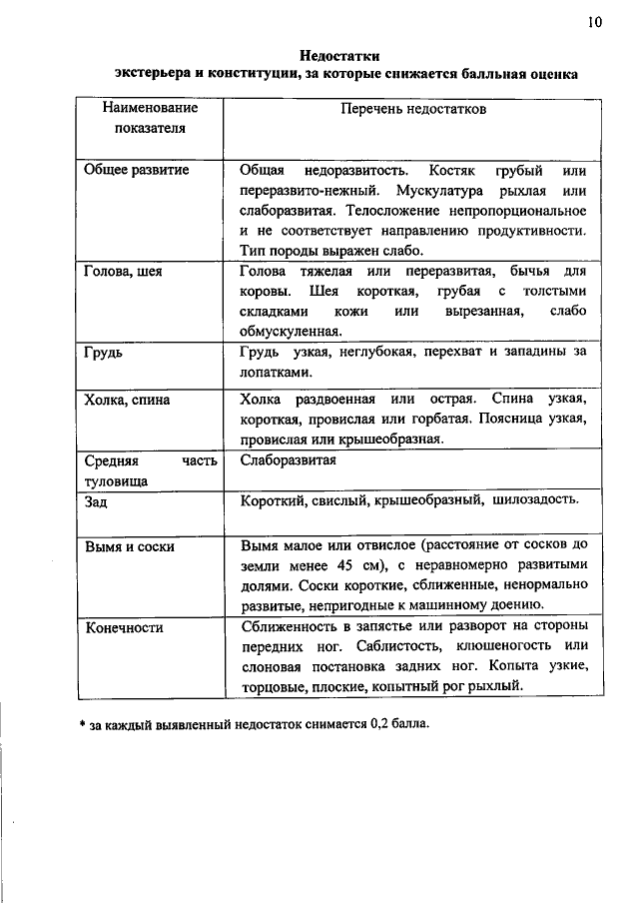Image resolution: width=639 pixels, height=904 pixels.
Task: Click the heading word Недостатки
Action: coord(340,55)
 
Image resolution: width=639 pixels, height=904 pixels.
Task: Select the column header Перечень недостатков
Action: coord(413,109)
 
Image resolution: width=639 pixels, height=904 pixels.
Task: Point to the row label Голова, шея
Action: coord(125,271)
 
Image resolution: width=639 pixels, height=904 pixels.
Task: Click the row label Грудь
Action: coord(105,352)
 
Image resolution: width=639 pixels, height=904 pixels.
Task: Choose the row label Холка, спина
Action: coord(128,400)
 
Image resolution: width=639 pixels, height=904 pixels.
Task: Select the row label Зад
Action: coord(97,501)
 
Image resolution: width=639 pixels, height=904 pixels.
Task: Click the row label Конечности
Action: coord(126,627)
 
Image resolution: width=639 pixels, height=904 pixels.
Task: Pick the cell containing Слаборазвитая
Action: coord(289,460)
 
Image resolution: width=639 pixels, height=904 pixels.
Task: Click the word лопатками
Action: coord(271,372)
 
